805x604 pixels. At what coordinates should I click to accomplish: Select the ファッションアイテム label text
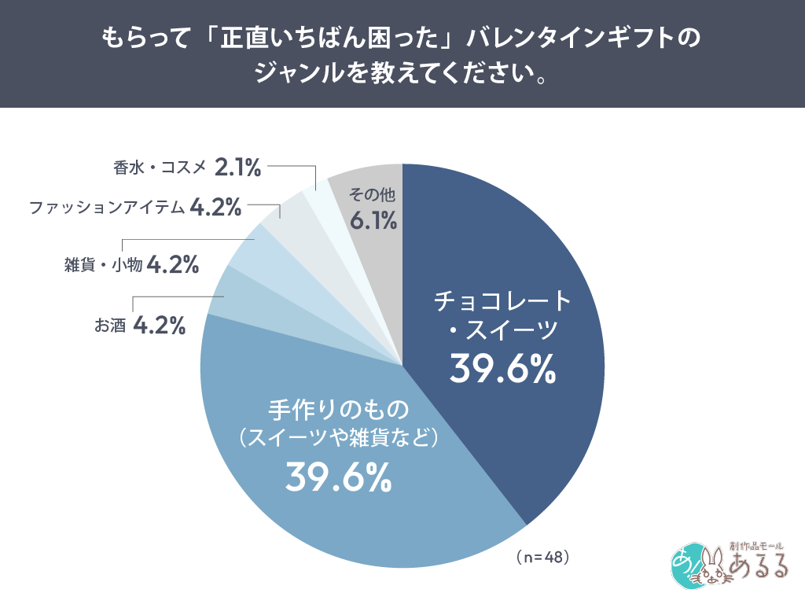(107, 208)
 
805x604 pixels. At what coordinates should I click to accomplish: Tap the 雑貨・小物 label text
(103, 265)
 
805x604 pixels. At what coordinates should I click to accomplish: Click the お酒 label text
(110, 325)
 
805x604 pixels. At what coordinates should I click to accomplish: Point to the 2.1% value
(237, 167)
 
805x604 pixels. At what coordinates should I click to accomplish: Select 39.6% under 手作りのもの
(337, 476)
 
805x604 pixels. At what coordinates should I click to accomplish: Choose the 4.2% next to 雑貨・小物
(172, 265)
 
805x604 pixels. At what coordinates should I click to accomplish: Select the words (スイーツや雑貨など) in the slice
(337, 437)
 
